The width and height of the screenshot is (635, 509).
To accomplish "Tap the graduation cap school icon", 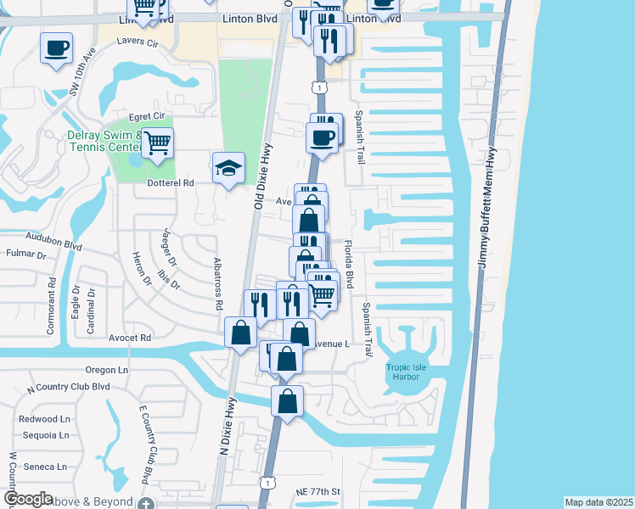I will click(228, 169).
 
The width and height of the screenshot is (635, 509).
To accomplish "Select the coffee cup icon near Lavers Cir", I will click(57, 48).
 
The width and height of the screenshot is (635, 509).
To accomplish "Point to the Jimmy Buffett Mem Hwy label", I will click(491, 208).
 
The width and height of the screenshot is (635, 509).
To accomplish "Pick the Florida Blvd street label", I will click(348, 265).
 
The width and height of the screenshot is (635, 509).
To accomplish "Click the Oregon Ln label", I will click(105, 370).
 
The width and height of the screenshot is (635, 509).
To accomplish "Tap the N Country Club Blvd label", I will click(69, 388).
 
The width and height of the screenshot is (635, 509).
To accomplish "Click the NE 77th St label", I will click(318, 492).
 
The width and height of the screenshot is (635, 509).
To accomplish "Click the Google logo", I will click(28, 499).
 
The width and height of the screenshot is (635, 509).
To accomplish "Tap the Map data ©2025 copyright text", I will click(598, 502).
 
